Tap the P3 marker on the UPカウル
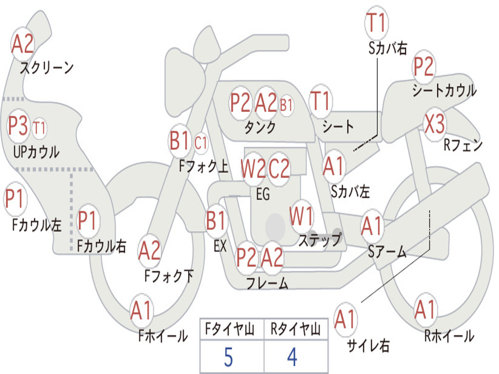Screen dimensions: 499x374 pyautogui.click(x=18, y=125)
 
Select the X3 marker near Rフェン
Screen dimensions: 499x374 pyautogui.click(x=434, y=124)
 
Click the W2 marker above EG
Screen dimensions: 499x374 pyautogui.click(x=253, y=168)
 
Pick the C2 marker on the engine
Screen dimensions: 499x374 pyautogui.click(x=279, y=168)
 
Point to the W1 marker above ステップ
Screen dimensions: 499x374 pyautogui.click(x=301, y=217)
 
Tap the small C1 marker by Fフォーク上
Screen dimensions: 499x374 pyautogui.click(x=200, y=143)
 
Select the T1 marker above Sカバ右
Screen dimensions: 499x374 pyautogui.click(x=377, y=22)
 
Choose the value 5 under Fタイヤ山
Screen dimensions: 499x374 pyautogui.click(x=229, y=357)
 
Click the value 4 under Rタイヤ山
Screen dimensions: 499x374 pyautogui.click(x=292, y=357)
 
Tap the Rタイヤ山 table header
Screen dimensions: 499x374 pyautogui.click(x=296, y=329)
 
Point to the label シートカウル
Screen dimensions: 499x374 pyautogui.click(x=444, y=90)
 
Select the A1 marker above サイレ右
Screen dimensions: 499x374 pyautogui.click(x=345, y=319)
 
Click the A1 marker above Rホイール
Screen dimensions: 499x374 pyautogui.click(x=425, y=310)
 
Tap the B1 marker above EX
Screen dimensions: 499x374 pyautogui.click(x=216, y=221)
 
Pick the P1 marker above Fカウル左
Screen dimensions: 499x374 pyautogui.click(x=15, y=199)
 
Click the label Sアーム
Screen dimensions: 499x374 pyautogui.click(x=387, y=252)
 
